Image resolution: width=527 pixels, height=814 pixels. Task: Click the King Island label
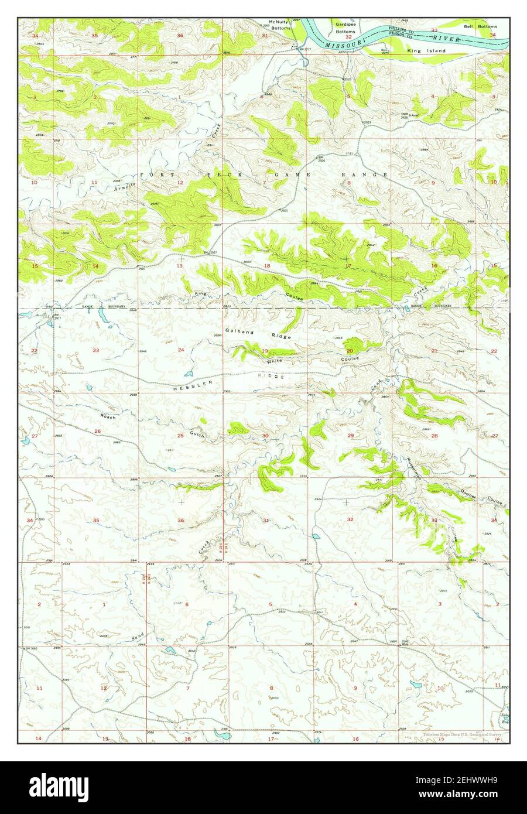click(x=426, y=51)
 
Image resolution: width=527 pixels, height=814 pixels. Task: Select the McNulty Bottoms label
click(x=275, y=26)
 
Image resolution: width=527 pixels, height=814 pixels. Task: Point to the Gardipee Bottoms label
click(x=345, y=28)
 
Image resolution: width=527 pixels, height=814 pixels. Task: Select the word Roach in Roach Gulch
click(x=108, y=416)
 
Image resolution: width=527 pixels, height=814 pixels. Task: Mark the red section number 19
click(x=265, y=351)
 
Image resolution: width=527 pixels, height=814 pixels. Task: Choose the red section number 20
click(x=350, y=351)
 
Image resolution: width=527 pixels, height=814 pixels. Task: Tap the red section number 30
click(x=265, y=436)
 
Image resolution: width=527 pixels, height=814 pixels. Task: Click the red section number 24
click(x=180, y=350)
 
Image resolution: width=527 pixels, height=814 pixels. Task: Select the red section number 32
click(x=350, y=519)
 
